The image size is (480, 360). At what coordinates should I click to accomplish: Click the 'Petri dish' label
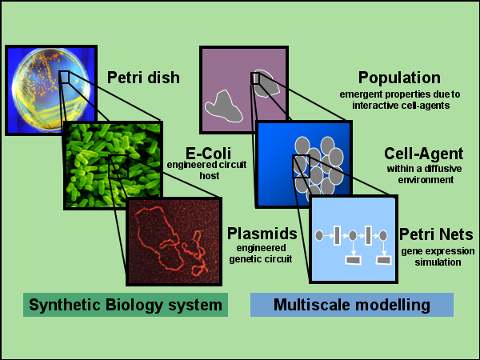(144, 78)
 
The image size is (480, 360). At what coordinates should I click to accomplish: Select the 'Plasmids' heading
(262, 234)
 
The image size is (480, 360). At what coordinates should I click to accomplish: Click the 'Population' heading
(399, 78)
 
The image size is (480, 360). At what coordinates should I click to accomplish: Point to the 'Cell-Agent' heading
(418, 152)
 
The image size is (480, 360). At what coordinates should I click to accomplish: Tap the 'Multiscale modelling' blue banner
(351, 305)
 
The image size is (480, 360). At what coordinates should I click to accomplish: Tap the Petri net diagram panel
(353, 238)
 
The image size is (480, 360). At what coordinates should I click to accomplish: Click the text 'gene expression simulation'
(438, 256)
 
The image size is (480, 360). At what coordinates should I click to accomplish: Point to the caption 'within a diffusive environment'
(418, 174)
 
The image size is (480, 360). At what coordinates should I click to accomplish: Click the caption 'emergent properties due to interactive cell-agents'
(399, 99)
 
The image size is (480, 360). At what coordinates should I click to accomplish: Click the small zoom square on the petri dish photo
(65, 77)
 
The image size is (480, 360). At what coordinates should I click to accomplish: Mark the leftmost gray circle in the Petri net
(320, 235)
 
